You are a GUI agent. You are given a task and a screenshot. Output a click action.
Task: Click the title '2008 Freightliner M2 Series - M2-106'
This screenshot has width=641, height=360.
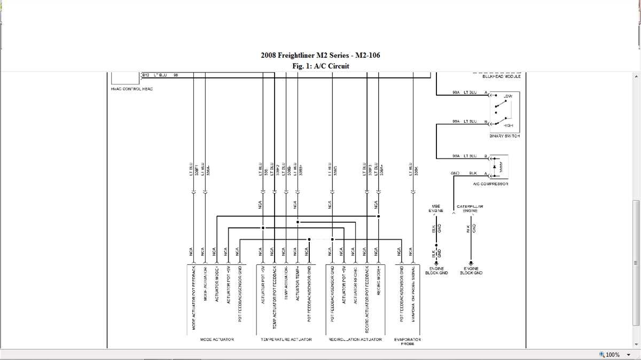pyautogui.click(x=320, y=56)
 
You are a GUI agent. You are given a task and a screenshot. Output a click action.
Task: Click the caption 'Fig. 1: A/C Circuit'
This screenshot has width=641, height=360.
pyautogui.click(x=320, y=66)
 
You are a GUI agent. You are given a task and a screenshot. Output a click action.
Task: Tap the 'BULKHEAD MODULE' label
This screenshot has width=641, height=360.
pyautogui.click(x=501, y=76)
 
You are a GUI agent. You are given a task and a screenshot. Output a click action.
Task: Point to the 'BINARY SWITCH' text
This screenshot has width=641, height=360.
pyautogui.click(x=504, y=136)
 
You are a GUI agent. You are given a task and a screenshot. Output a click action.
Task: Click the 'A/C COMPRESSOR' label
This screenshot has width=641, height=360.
pyautogui.click(x=490, y=184)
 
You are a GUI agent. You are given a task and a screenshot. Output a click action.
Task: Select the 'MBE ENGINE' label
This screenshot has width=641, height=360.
pyautogui.click(x=436, y=208)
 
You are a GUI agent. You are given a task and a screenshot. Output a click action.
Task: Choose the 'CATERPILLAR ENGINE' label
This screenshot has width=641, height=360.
pyautogui.click(x=470, y=208)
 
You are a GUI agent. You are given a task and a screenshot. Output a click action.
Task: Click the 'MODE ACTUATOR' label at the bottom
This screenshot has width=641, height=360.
pyautogui.click(x=216, y=339)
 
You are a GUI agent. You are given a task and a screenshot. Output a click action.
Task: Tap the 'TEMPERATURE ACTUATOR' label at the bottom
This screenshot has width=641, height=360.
pyautogui.click(x=286, y=339)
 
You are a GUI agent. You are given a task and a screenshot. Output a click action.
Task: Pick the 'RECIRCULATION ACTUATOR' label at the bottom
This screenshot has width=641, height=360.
pyautogui.click(x=355, y=339)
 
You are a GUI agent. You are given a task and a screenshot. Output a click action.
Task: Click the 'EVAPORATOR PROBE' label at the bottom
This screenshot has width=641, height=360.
pyautogui.click(x=407, y=341)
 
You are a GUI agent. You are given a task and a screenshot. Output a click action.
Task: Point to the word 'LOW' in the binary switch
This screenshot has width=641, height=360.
pyautogui.click(x=507, y=97)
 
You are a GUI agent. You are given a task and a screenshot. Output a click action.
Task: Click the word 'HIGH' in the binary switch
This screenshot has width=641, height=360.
pyautogui.click(x=508, y=125)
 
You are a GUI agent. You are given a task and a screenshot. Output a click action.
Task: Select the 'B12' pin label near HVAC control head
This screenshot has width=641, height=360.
pyautogui.click(x=146, y=75)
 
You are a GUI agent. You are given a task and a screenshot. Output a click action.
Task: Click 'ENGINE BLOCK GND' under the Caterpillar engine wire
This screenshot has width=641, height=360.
pyautogui.click(x=471, y=271)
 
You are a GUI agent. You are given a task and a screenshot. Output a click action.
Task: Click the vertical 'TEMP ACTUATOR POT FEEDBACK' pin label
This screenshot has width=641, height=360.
pyautogui.click(x=274, y=296)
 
